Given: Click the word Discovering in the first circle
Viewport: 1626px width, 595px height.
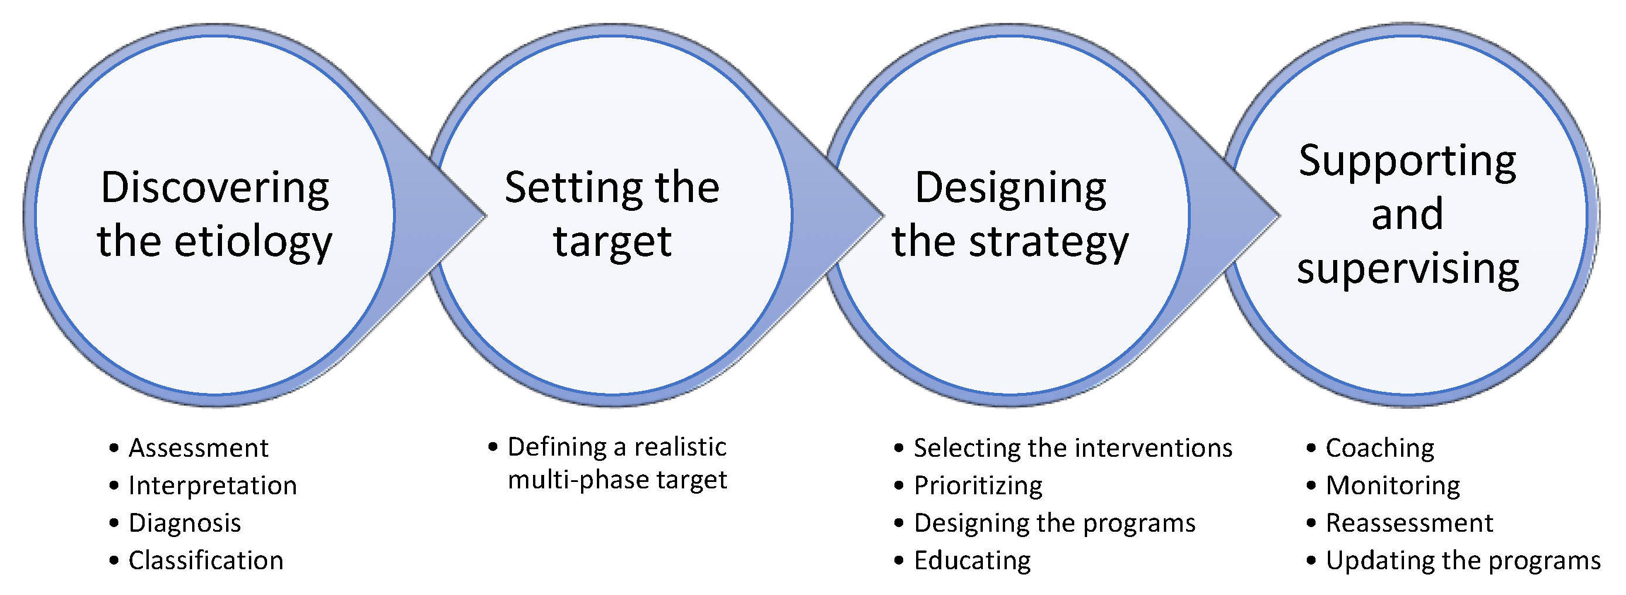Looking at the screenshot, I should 214,188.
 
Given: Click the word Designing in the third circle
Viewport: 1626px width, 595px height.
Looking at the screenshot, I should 1010,188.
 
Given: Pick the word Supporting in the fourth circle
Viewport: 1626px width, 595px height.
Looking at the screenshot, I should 1407,162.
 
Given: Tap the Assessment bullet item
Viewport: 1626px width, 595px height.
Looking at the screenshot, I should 198,448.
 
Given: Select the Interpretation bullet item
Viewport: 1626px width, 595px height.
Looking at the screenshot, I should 212,486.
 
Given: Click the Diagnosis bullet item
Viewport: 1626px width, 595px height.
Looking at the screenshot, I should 185,523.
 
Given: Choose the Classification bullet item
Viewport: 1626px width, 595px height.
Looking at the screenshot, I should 206,560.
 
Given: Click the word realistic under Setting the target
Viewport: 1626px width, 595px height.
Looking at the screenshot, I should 680,447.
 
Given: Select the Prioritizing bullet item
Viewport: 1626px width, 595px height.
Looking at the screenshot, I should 978,486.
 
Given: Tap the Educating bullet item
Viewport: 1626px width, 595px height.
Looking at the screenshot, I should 972,560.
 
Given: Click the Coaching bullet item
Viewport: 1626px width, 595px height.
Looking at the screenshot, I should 1380,448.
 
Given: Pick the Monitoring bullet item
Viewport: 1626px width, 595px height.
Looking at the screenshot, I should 1392,486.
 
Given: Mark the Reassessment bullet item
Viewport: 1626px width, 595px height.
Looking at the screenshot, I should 1409,523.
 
